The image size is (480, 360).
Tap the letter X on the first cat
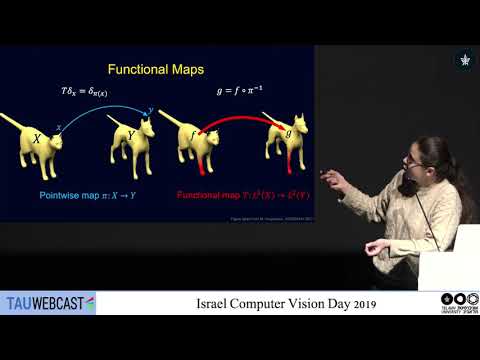pyautogui.click(x=37, y=140)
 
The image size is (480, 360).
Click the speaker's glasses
pyautogui.click(x=413, y=159)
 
